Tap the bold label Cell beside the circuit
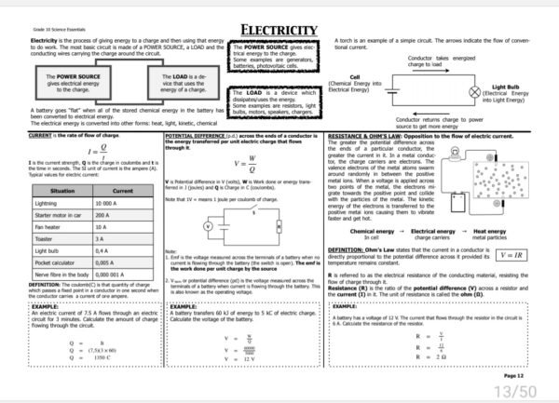[354, 77]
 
